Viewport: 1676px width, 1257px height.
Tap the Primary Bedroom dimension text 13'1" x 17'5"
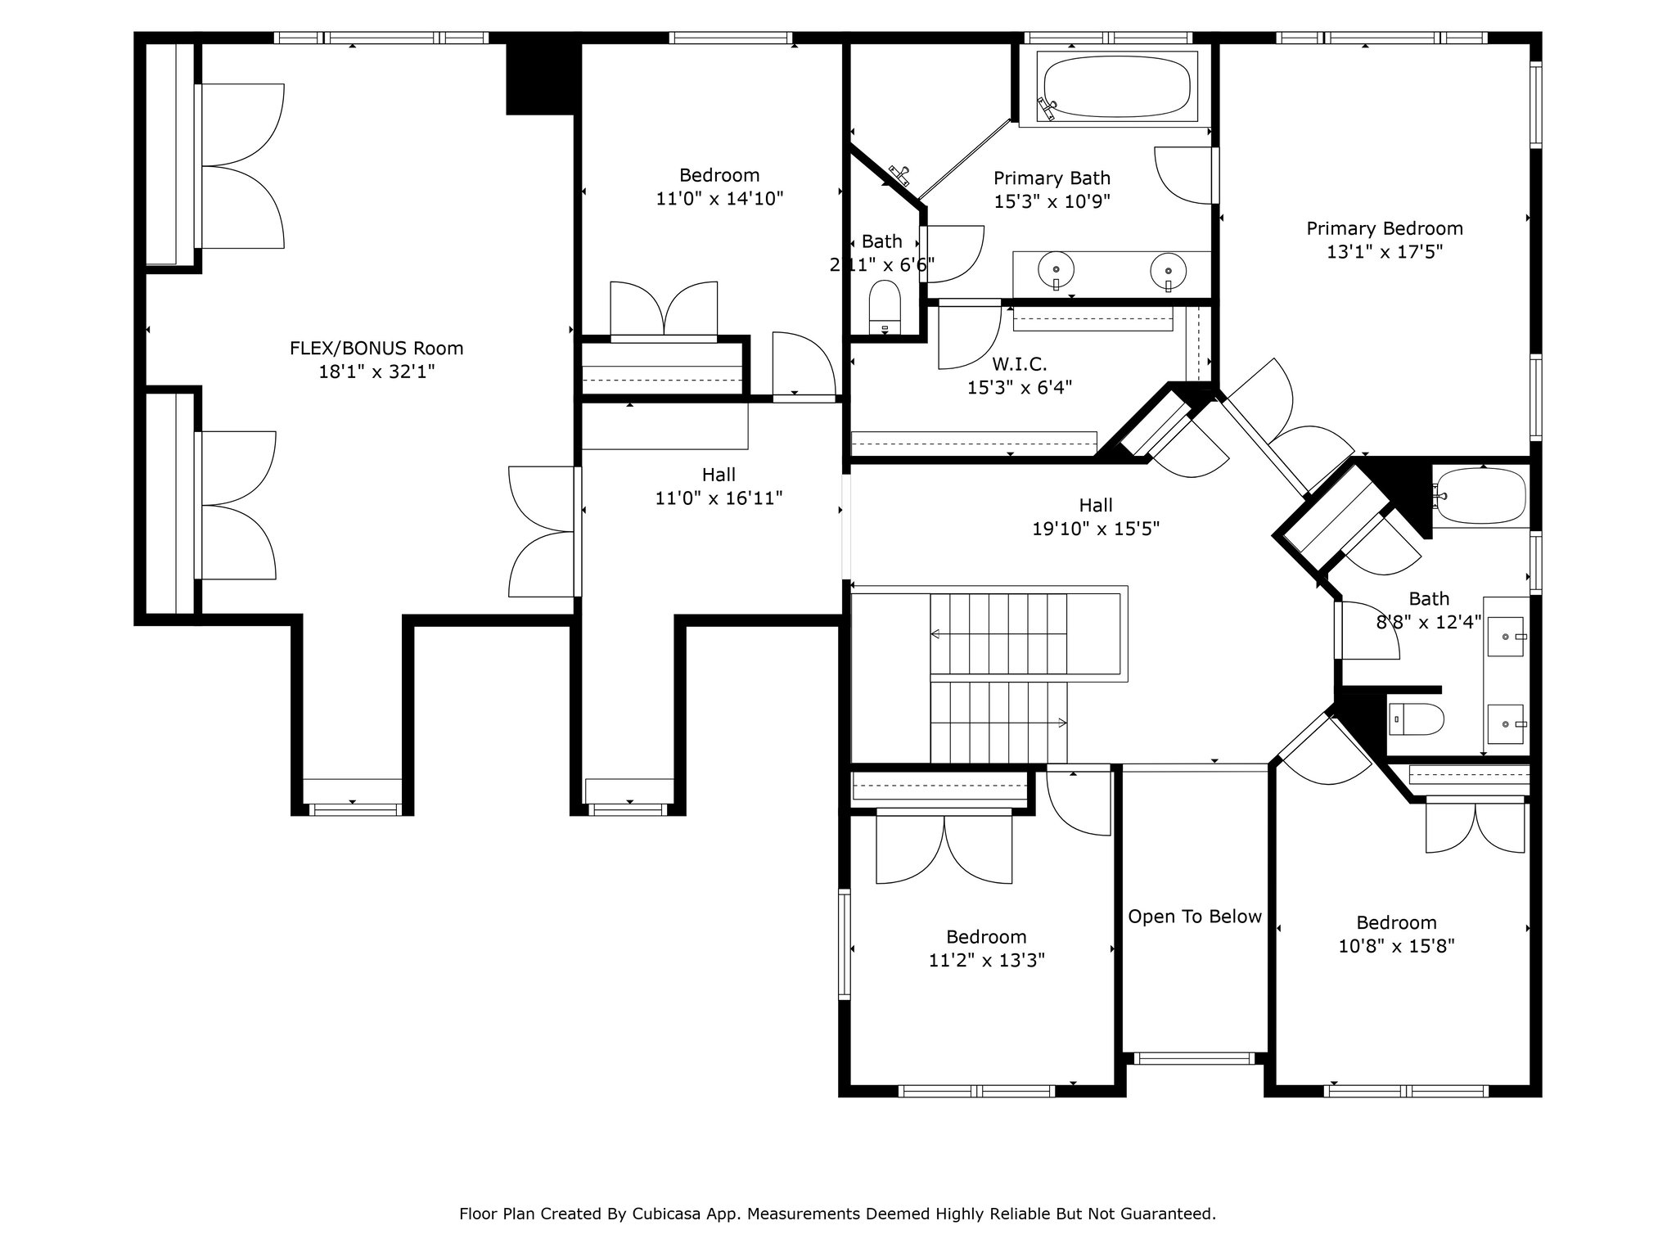coord(1385,252)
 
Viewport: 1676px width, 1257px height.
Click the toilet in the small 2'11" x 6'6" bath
coord(885,307)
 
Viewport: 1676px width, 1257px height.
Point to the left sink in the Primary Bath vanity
coord(1057,269)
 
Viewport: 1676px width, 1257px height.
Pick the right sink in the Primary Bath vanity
coord(1168,269)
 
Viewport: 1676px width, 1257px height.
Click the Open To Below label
coord(1195,917)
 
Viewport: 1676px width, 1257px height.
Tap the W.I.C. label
coord(1020,364)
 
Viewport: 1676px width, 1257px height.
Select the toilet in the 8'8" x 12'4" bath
coord(1416,719)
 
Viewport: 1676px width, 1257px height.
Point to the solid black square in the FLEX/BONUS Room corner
coord(540,79)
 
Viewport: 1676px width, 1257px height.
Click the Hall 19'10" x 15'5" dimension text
coord(1096,529)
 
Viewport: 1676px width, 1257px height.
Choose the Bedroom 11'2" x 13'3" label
coord(986,948)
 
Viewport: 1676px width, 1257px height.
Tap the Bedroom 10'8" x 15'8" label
coord(1396,935)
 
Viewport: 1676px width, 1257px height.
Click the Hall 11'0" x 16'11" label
coord(719,486)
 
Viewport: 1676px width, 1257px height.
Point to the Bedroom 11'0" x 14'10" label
coord(719,187)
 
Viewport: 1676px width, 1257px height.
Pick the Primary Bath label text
coord(1052,178)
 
